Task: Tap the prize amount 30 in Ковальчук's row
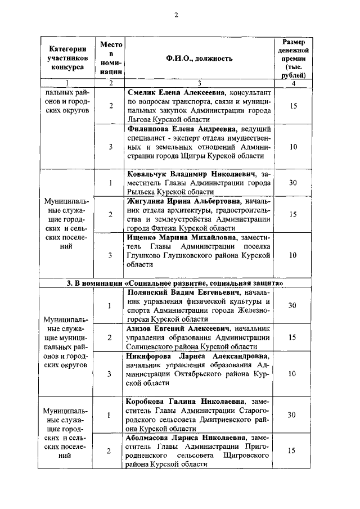pyautogui.click(x=292, y=182)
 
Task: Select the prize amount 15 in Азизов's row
pyautogui.click(x=292, y=337)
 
